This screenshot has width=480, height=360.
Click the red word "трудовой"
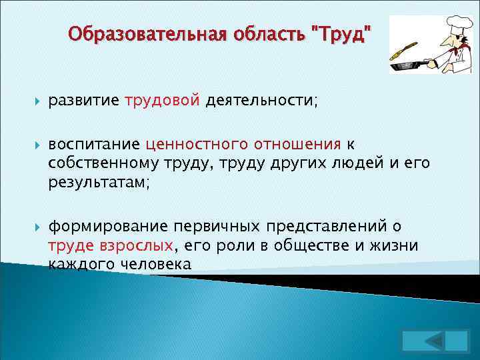(x=162, y=101)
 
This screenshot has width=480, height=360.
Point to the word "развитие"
(x=83, y=101)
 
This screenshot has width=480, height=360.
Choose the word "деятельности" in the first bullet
(x=261, y=101)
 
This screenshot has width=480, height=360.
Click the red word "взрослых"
(x=140, y=245)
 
